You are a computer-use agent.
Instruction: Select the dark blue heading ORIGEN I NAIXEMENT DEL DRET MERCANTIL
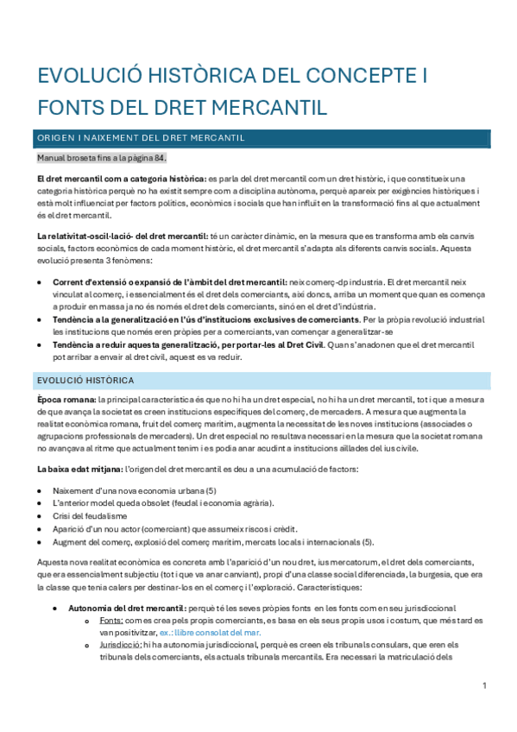point(140,137)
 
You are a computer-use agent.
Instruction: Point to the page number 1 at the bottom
point(485,685)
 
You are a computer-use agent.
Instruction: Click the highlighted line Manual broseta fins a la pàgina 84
point(102,158)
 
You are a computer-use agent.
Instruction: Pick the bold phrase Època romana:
point(66,400)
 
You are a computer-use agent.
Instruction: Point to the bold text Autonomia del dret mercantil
point(123,608)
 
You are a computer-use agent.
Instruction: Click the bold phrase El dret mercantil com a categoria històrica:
point(121,179)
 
